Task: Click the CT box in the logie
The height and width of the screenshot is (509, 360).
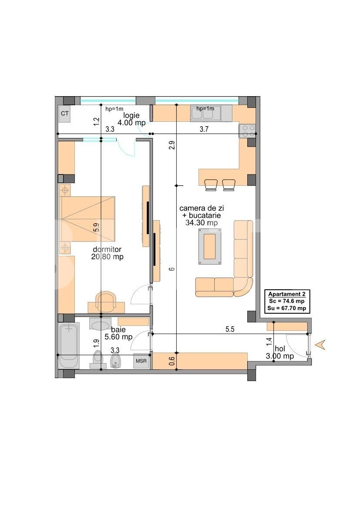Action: (65, 114)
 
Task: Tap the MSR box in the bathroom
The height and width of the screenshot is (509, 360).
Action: (141, 361)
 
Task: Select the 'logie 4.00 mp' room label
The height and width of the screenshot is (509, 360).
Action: (131, 119)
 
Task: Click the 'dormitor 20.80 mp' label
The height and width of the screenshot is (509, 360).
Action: (107, 253)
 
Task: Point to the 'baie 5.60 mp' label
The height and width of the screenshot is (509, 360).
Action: (118, 333)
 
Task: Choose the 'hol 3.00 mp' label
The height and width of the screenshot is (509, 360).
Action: (280, 352)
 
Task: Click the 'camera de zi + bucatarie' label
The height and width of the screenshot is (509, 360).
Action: (202, 212)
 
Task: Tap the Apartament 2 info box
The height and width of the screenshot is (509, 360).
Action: (287, 301)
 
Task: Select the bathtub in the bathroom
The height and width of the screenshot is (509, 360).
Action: (68, 345)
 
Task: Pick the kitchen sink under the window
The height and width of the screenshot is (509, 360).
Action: (205, 113)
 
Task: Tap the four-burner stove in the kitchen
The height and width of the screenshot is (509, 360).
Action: (248, 131)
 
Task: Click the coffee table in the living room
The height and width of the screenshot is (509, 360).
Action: (210, 246)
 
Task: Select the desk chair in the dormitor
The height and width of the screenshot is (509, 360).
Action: (106, 300)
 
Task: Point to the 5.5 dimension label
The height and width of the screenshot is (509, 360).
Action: (230, 329)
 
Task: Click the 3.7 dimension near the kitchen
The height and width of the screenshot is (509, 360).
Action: (204, 129)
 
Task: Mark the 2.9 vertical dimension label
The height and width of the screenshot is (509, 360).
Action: (172, 145)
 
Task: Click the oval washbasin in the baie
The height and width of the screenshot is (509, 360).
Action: (100, 325)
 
